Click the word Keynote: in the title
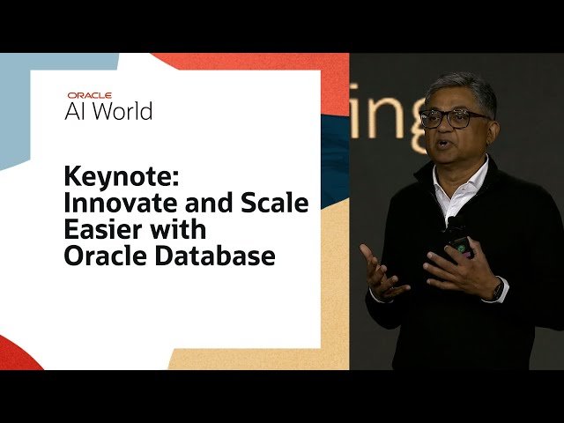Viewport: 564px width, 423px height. pyautogui.click(x=122, y=176)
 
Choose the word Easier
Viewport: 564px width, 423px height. pyautogui.click(x=99, y=230)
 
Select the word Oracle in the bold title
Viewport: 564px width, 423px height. pyautogui.click(x=93, y=256)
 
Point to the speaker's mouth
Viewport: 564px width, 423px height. pyautogui.click(x=446, y=144)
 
